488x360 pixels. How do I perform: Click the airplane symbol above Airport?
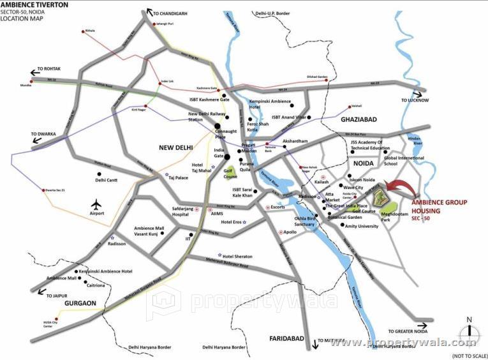pos(96,205)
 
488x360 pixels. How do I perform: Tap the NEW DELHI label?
pos(179,147)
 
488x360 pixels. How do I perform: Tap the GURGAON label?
pos(79,303)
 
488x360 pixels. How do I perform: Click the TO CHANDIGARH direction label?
pos(178,11)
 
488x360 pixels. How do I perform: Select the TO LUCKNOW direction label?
pos(415,100)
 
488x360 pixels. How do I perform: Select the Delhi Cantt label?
pos(109,180)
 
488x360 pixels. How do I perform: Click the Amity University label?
pos(362,226)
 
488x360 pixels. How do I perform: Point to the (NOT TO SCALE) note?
pos(468,355)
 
